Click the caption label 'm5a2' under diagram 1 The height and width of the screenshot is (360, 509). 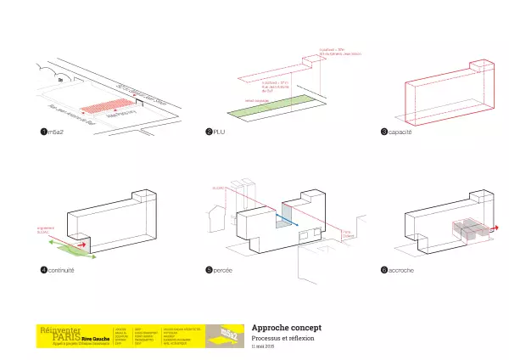coord(55,133)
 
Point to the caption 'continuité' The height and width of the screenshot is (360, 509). coord(61,270)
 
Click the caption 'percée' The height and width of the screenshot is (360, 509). coord(224,270)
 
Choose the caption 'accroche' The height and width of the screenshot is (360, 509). coord(401,270)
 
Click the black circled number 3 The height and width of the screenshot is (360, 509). coord(384,133)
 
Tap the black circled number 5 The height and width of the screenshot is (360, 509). coord(209,270)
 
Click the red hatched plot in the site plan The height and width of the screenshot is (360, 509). coord(113,106)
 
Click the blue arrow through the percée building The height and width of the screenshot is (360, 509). coord(288,219)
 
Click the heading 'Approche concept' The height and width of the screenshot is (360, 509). coord(286,328)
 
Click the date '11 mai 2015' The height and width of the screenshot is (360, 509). coord(264,346)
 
